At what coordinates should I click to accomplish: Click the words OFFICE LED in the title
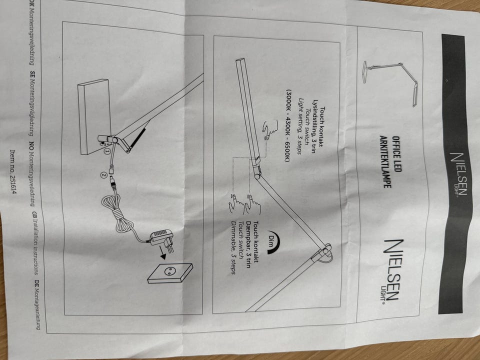pos(396,154)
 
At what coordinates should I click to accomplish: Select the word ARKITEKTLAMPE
pos(385,161)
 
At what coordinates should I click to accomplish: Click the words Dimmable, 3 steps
pos(234,247)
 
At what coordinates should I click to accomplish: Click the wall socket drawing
pos(170,273)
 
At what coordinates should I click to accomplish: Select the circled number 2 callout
pos(104,175)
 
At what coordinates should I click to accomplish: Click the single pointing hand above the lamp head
pos(269,129)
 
